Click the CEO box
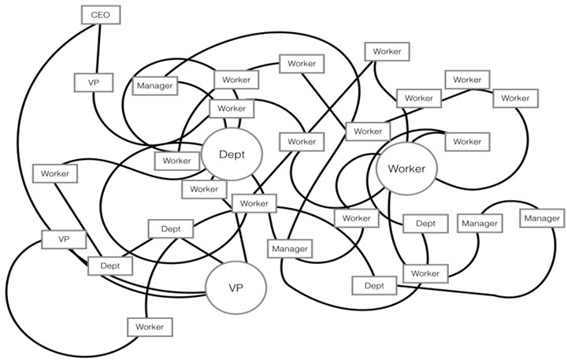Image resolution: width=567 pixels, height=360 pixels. pyautogui.click(x=100, y=14)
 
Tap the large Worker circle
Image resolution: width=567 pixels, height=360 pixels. pyautogui.click(x=406, y=169)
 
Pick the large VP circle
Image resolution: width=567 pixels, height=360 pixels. pyautogui.click(x=235, y=288)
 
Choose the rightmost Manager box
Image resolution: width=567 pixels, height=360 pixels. pyautogui.click(x=542, y=217)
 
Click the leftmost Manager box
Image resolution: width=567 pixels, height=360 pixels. pyautogui.click(x=155, y=85)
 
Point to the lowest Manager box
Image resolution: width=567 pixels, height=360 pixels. pyautogui.click(x=290, y=248)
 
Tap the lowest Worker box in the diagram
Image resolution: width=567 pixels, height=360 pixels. pyautogui.click(x=149, y=326)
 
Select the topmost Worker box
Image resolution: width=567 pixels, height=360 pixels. pyautogui.click(x=387, y=52)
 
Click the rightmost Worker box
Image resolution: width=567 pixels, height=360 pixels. pyautogui.click(x=515, y=98)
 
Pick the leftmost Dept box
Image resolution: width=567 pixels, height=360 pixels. pyautogui.click(x=110, y=265)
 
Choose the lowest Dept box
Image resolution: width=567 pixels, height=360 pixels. pyautogui.click(x=374, y=285)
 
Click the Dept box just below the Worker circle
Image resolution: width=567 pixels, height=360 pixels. pyautogui.click(x=425, y=224)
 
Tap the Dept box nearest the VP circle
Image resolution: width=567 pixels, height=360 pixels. pyautogui.click(x=171, y=229)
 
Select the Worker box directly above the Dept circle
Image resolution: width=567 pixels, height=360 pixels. pyautogui.click(x=232, y=109)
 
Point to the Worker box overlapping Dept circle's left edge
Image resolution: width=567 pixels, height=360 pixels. pyautogui.click(x=177, y=161)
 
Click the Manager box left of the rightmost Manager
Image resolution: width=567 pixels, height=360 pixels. pyautogui.click(x=480, y=224)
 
